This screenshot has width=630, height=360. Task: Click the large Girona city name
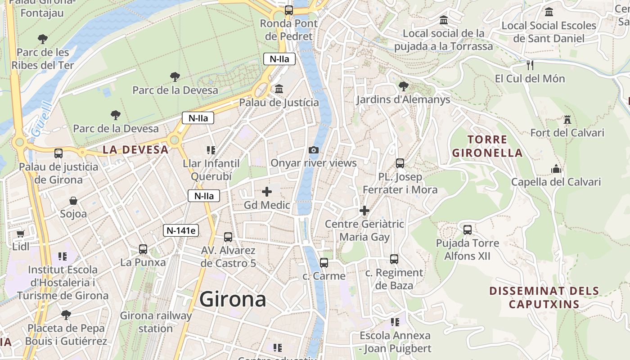[x=233, y=299]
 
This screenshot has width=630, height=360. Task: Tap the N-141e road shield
[x=181, y=230]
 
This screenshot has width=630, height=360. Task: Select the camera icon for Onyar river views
[x=314, y=150]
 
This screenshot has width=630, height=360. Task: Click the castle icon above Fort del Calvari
[x=567, y=120]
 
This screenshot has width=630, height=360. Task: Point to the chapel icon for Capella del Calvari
[x=556, y=169]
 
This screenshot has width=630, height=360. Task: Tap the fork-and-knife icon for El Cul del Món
[x=530, y=65]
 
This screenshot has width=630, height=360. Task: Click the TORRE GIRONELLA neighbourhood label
[x=487, y=146]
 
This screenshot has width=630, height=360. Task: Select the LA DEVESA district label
[x=135, y=150]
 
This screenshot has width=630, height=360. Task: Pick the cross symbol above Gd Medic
[x=267, y=192]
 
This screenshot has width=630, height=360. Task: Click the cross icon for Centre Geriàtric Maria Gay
[x=364, y=211]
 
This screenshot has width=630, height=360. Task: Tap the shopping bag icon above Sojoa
[x=73, y=201]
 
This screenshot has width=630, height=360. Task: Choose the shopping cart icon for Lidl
[x=21, y=234]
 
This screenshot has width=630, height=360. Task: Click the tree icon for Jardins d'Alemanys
[x=403, y=86]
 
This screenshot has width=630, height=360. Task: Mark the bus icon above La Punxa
[x=143, y=249]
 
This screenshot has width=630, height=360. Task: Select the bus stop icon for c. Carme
[x=324, y=263]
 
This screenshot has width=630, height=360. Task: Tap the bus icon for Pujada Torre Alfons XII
[x=468, y=230]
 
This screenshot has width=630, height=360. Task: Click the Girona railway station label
[x=156, y=322]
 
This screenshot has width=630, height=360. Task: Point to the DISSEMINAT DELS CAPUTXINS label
[x=544, y=297]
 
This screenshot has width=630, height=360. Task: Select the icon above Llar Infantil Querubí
[x=211, y=150]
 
